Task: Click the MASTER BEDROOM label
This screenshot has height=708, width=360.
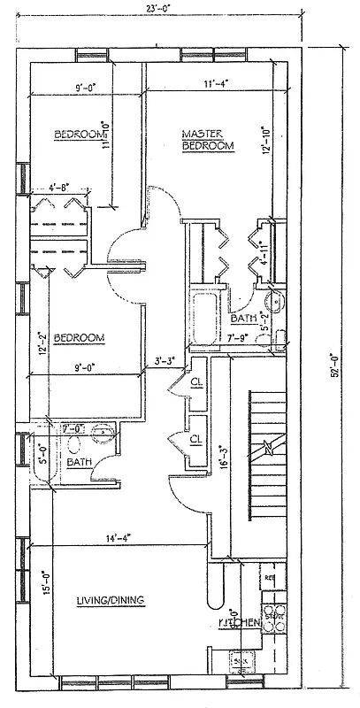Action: tap(208, 140)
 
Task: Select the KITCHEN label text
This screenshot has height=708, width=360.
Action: tap(239, 624)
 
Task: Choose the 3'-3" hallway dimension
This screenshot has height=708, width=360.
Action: tap(165, 360)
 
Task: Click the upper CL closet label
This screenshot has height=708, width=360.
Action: tap(195, 383)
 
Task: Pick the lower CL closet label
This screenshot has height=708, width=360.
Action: tap(195, 439)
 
